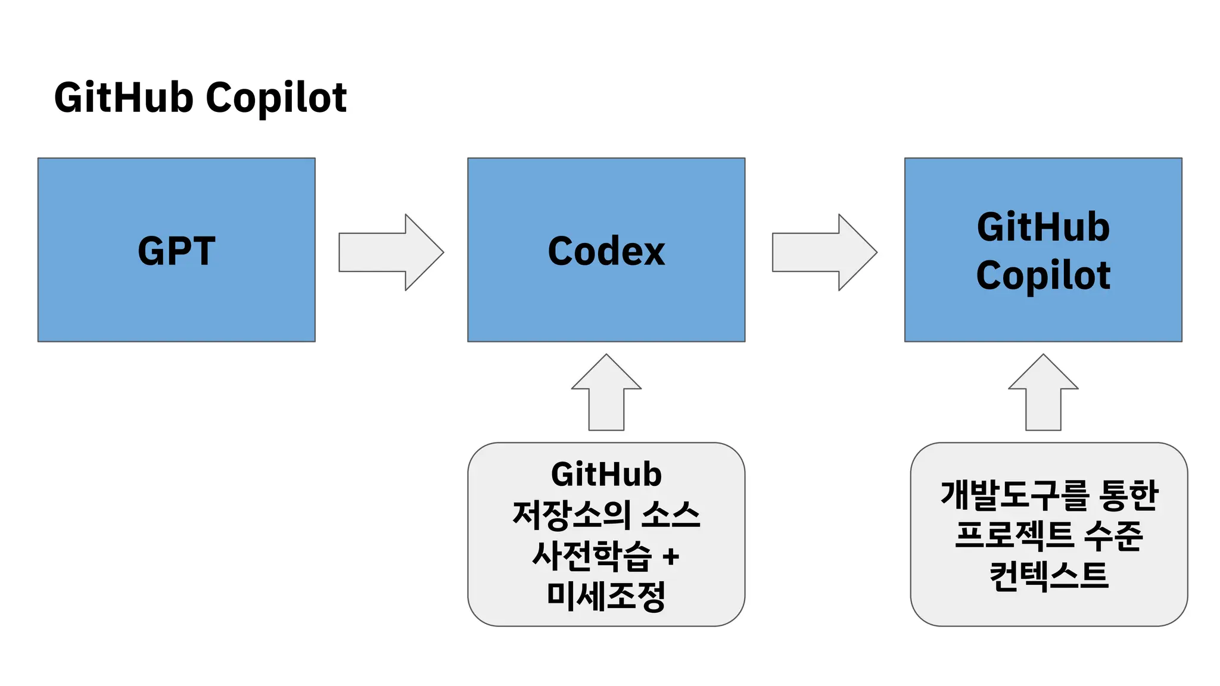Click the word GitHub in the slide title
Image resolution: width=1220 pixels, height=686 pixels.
[123, 98]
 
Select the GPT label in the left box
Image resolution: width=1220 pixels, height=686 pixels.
[176, 251]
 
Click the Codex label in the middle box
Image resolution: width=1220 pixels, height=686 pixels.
[606, 251]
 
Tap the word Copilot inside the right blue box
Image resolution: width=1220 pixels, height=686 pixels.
[1043, 275]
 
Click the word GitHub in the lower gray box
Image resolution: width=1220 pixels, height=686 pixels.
[606, 474]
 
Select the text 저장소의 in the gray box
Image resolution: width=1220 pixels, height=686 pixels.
[571, 514]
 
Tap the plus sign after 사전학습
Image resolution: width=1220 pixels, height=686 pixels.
[671, 557]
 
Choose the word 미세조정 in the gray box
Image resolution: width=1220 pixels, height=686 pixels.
[606, 596]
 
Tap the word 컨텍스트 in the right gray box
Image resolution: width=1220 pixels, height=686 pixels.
[1048, 575]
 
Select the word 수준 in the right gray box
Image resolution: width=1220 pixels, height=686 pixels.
[1113, 535]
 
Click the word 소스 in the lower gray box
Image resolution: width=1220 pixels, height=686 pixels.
[671, 514]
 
